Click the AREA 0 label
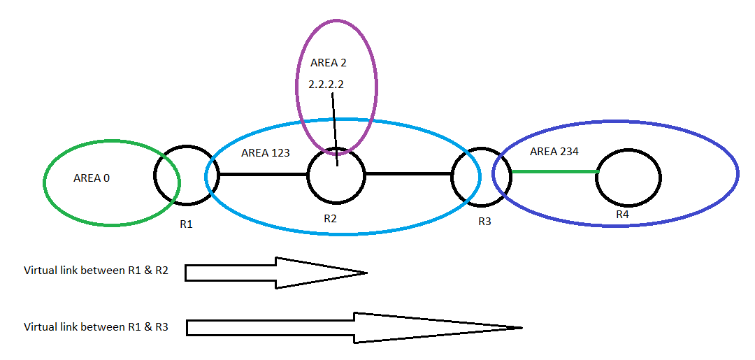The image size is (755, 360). pyautogui.click(x=92, y=178)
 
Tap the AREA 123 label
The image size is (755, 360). pyautogui.click(x=266, y=152)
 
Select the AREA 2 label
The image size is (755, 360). pyautogui.click(x=328, y=62)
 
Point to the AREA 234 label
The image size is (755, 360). pyautogui.click(x=554, y=151)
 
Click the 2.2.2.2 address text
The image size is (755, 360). pyautogui.click(x=327, y=84)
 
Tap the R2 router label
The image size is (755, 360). pyautogui.click(x=331, y=219)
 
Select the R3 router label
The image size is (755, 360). pyautogui.click(x=484, y=222)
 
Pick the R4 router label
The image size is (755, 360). pyautogui.click(x=622, y=215)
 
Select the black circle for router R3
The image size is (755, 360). pyautogui.click(x=476, y=176)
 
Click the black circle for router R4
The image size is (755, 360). pyautogui.click(x=628, y=177)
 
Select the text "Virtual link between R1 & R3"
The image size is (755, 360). pyautogui.click(x=96, y=326)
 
